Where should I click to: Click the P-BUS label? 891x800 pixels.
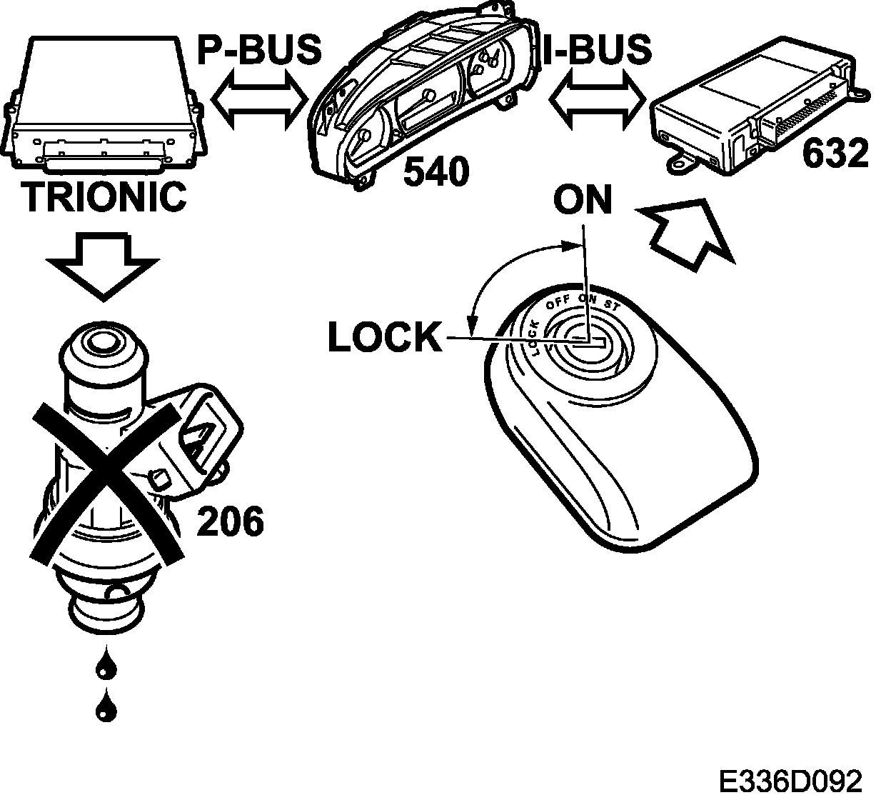pos(259,49)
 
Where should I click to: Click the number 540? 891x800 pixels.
pos(436,171)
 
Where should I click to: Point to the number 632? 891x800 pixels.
pos(835,154)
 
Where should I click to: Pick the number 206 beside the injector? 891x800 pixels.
pos(230,521)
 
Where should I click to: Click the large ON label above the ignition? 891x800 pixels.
pos(583,201)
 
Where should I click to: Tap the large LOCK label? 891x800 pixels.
pos(385,337)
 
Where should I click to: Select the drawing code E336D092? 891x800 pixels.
pos(790,780)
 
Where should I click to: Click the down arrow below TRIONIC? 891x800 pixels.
pos(103,264)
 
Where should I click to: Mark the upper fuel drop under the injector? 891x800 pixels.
pos(106,665)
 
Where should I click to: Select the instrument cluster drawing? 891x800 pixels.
pos(421,107)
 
